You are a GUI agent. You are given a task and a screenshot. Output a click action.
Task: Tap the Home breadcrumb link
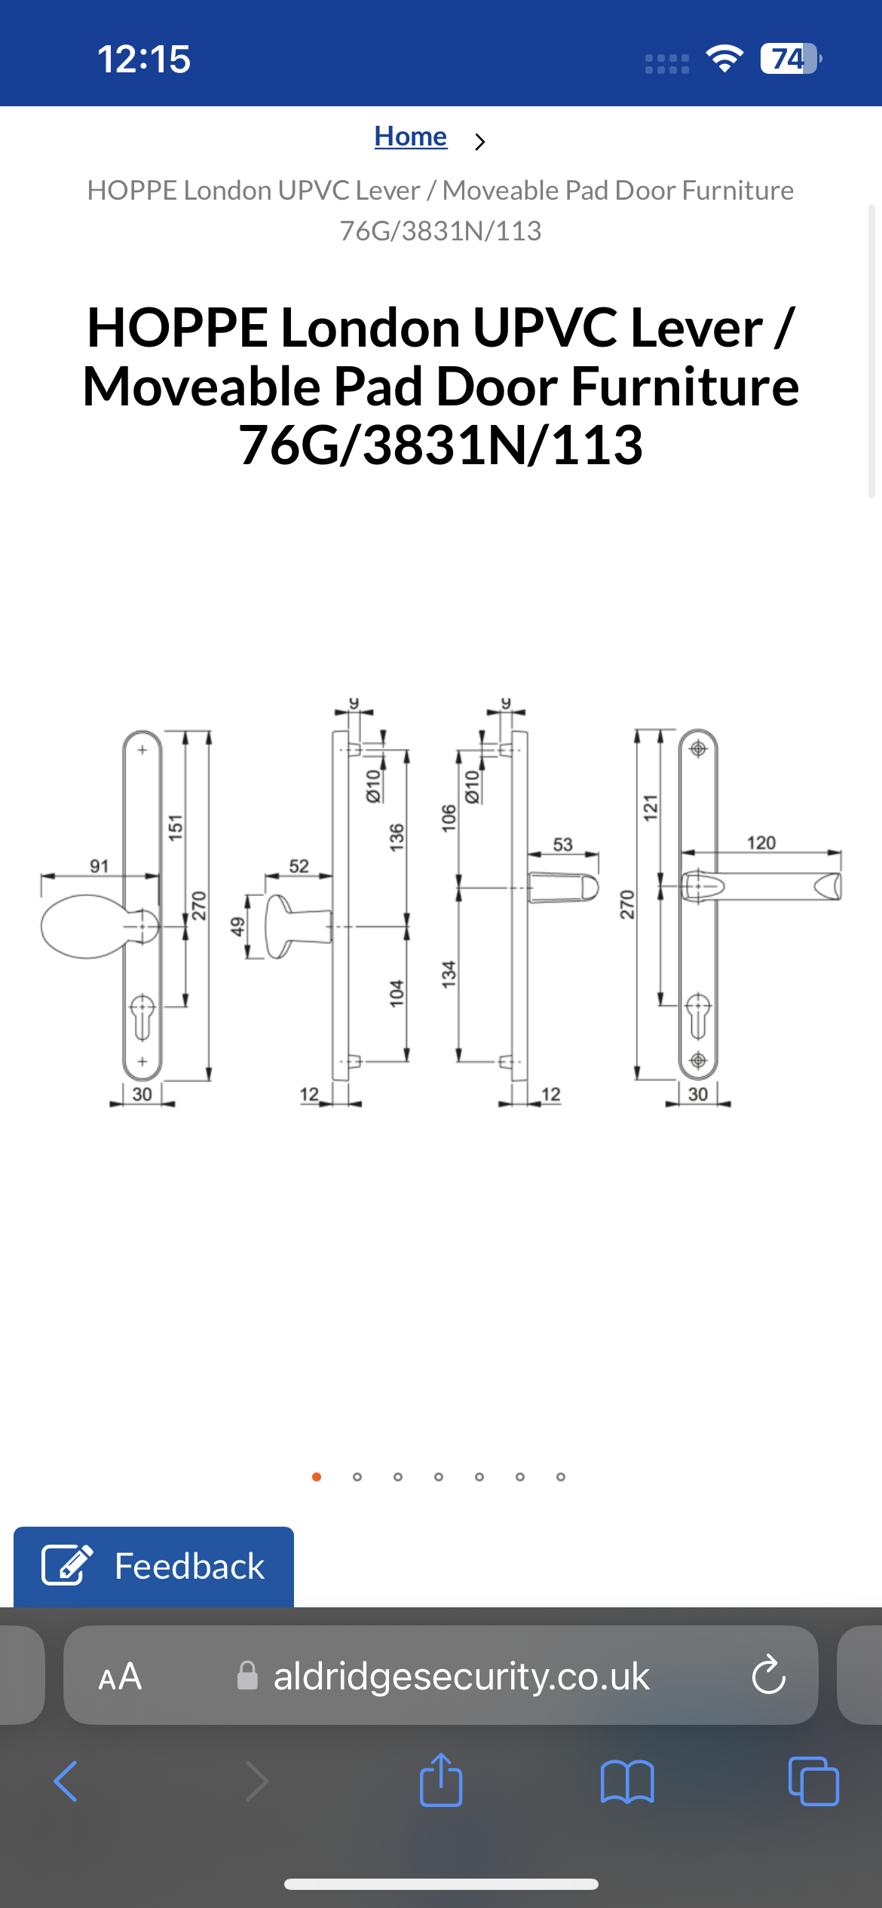410,136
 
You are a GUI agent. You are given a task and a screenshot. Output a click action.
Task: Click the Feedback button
154,1567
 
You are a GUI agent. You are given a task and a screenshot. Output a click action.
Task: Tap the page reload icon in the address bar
768,1675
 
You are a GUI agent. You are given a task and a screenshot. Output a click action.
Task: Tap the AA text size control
120,1677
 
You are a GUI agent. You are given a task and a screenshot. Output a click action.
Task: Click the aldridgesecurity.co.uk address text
461,1677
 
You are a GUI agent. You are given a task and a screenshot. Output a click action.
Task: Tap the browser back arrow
66,1781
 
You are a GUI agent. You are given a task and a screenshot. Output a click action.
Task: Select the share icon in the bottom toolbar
441,1780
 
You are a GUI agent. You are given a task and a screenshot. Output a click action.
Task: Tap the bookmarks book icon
626,1781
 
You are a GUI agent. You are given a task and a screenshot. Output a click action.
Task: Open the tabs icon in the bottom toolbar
813,1781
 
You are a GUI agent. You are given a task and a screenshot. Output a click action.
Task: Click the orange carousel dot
317,1477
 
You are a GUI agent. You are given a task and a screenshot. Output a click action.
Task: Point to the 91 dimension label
99,866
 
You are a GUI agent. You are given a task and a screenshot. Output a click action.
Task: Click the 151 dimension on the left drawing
175,827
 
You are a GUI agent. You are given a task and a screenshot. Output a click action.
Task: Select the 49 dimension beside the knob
237,926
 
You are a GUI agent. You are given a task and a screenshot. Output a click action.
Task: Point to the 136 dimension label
397,837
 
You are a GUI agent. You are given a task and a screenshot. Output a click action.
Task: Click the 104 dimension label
397,993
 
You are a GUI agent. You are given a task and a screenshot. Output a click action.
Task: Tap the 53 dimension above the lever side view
562,844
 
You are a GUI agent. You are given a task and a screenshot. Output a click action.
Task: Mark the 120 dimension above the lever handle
761,842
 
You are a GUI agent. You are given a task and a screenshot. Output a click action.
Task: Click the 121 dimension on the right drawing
650,806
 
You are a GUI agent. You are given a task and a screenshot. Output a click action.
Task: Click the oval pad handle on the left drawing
84,926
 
